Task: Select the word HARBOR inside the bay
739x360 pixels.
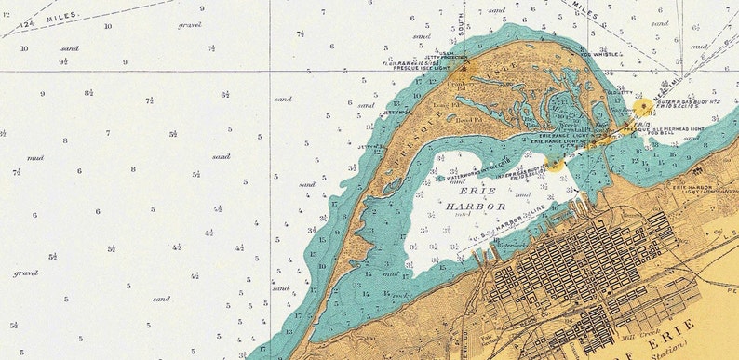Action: (474, 206)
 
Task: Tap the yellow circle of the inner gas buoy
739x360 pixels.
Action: (554, 164)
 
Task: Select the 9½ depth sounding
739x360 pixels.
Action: (63, 61)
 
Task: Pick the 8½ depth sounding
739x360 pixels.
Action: (88, 93)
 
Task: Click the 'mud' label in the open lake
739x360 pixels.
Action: (35, 158)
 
